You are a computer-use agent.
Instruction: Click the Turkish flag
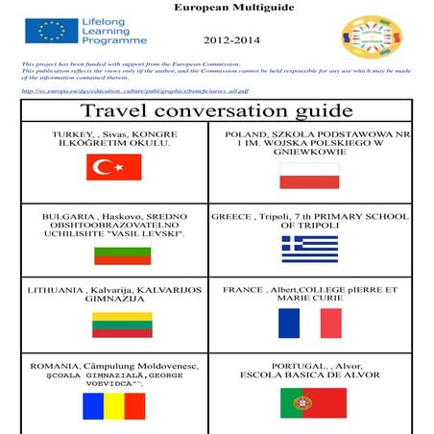click(113, 168)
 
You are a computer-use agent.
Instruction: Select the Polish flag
click(309, 175)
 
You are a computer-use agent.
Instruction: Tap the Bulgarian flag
click(122, 254)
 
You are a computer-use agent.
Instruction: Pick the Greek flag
click(309, 249)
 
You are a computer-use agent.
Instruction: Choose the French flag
click(309, 323)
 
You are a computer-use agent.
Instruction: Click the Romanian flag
click(114, 403)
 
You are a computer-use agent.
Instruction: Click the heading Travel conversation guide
click(218, 111)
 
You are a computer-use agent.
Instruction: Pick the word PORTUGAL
click(278, 366)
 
